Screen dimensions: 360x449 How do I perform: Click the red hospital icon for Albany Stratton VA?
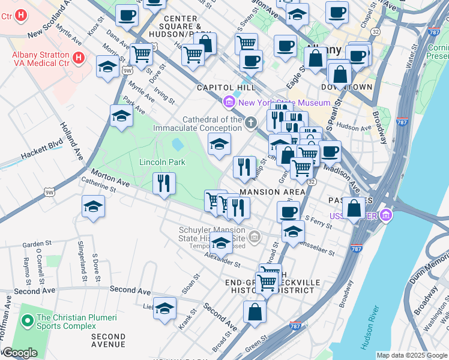(78, 58)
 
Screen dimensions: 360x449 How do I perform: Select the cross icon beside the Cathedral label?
(252, 123)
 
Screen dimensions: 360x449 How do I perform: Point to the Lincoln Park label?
(162, 162)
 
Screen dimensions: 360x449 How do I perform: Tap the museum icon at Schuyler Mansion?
(255, 238)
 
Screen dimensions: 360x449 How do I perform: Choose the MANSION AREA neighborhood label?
(268, 192)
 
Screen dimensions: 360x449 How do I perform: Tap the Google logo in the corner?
(19, 353)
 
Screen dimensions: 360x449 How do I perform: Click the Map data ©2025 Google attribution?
(411, 355)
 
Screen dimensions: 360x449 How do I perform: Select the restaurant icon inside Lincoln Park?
(164, 182)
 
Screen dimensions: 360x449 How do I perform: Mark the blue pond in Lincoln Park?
(178, 144)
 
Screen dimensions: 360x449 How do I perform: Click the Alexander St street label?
(221, 260)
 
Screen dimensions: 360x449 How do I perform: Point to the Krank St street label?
(187, 319)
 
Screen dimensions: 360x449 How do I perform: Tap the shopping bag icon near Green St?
(255, 312)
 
